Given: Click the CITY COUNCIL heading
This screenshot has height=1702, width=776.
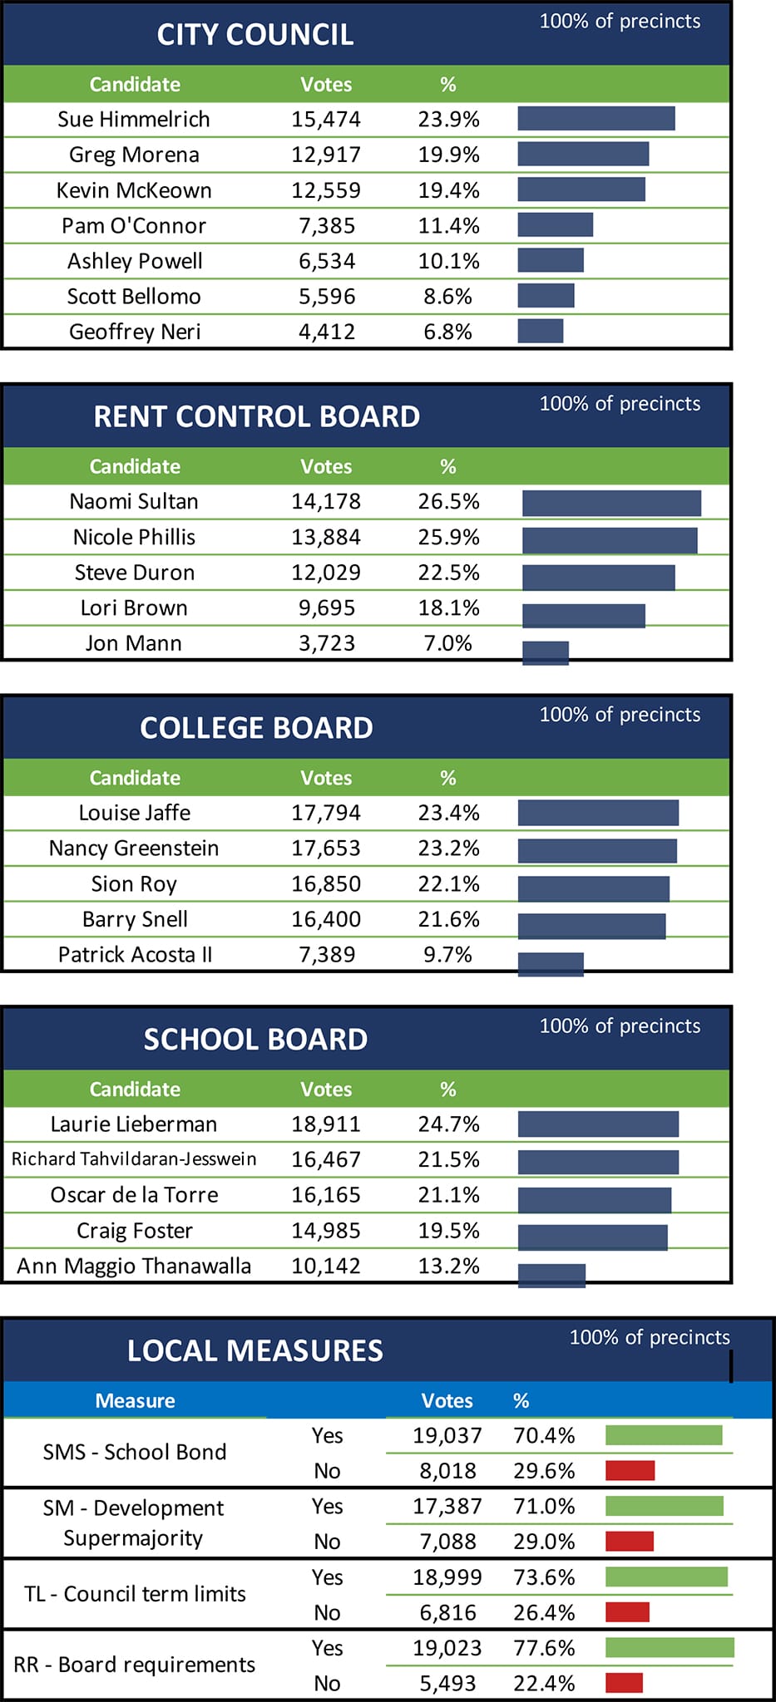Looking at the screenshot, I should (x=255, y=35).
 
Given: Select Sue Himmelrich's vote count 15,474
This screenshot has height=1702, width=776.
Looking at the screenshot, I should (x=326, y=119).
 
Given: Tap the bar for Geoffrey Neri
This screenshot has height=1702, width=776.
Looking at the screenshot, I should (x=540, y=331).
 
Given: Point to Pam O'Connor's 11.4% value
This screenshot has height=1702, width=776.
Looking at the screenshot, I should (x=448, y=225).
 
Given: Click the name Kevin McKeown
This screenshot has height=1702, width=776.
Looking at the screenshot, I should (x=134, y=190).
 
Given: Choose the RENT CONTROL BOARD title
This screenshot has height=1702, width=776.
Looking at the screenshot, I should (x=256, y=416).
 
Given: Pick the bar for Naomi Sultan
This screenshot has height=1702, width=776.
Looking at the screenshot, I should (x=611, y=503).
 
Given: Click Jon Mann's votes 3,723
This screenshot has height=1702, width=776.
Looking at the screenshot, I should (x=327, y=643).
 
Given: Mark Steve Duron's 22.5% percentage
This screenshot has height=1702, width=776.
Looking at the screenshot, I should (x=448, y=573).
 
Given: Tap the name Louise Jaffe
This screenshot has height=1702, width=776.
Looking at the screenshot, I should (x=135, y=813).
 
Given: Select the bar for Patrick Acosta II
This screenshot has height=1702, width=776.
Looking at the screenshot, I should (x=551, y=964).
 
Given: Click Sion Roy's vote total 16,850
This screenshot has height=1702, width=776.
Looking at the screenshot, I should (x=326, y=883).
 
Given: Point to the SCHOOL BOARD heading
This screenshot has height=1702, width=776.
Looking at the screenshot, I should (x=255, y=1040).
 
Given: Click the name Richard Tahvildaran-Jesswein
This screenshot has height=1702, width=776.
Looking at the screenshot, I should (x=134, y=1159).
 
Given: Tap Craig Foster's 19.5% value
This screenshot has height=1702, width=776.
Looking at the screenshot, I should (x=448, y=1231).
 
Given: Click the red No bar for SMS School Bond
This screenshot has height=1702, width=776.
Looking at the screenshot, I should (x=630, y=1470).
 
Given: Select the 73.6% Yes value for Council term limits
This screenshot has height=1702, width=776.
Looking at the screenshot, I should (x=544, y=1577).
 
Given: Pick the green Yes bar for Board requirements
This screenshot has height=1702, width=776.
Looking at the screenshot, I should (x=670, y=1647).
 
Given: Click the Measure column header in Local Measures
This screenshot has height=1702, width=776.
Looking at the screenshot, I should (x=135, y=1400).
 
